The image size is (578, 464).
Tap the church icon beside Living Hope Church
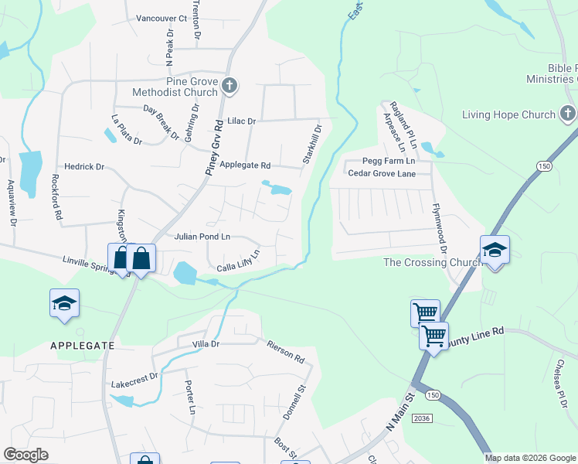pos(568,115)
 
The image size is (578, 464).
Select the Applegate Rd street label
pos(245,165)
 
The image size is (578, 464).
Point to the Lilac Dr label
pos(241,121)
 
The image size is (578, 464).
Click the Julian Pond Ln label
pos(202,237)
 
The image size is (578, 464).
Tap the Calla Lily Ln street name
pos(237,262)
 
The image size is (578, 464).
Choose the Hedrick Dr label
pos(84,166)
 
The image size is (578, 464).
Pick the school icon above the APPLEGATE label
pos(64,302)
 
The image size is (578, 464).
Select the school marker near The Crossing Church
pos(495,249)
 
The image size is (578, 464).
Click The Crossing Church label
pos(433,263)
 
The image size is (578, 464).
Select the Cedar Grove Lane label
pos(382,174)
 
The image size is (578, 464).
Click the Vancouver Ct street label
pos(161,18)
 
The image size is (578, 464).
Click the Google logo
pos(26,455)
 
